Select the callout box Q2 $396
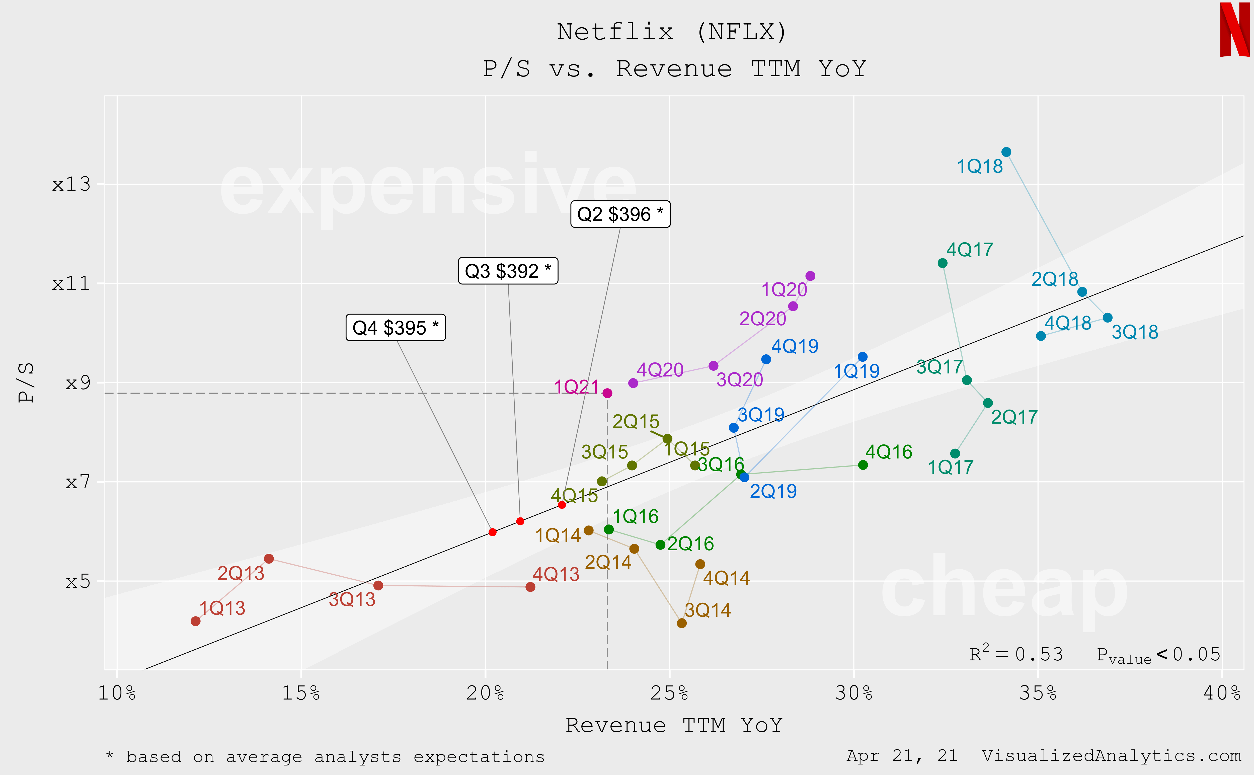tap(620, 214)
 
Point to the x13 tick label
tap(71, 184)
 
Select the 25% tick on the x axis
tap(669, 693)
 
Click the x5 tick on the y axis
tap(78, 581)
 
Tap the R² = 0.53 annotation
tap(1016, 654)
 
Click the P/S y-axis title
tap(26, 382)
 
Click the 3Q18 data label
tap(1135, 332)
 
